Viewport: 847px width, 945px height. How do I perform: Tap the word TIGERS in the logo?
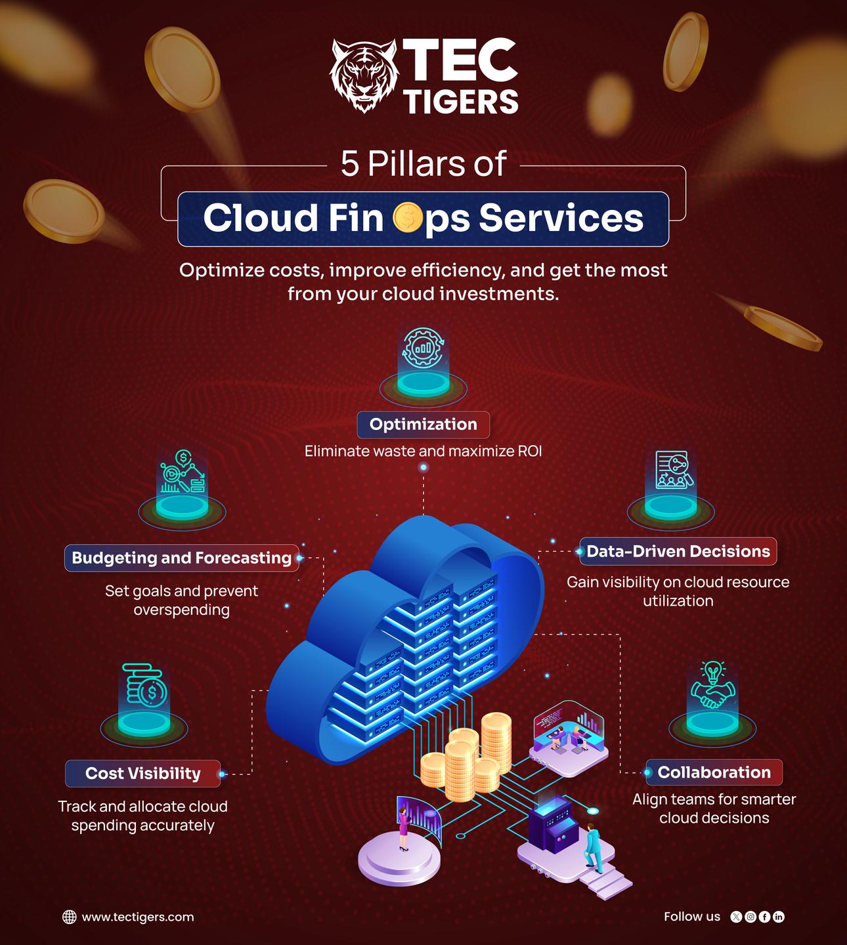[x=460, y=101]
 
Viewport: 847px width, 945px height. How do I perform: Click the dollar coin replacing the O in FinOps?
[x=407, y=219]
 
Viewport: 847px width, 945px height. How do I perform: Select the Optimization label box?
[x=423, y=425]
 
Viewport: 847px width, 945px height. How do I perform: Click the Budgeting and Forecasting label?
[x=181, y=558]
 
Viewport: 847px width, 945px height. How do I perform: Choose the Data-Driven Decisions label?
[x=678, y=551]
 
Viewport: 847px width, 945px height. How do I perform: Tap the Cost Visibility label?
[x=142, y=773]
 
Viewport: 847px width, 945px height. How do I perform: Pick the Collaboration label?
[x=714, y=772]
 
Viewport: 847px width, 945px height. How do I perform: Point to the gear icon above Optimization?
[x=423, y=348]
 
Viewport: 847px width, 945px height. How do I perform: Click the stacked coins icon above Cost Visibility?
[x=144, y=685]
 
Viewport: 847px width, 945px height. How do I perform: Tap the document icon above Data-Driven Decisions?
[x=672, y=470]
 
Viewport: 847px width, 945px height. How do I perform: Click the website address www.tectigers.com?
[x=137, y=917]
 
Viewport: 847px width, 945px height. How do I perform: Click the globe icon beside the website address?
[x=69, y=917]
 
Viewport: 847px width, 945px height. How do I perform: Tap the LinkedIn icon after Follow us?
[x=779, y=917]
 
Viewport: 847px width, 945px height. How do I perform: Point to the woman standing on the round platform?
[x=402, y=829]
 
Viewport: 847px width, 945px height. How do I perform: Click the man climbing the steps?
[x=592, y=846]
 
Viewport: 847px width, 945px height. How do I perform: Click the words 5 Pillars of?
[x=423, y=163]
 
